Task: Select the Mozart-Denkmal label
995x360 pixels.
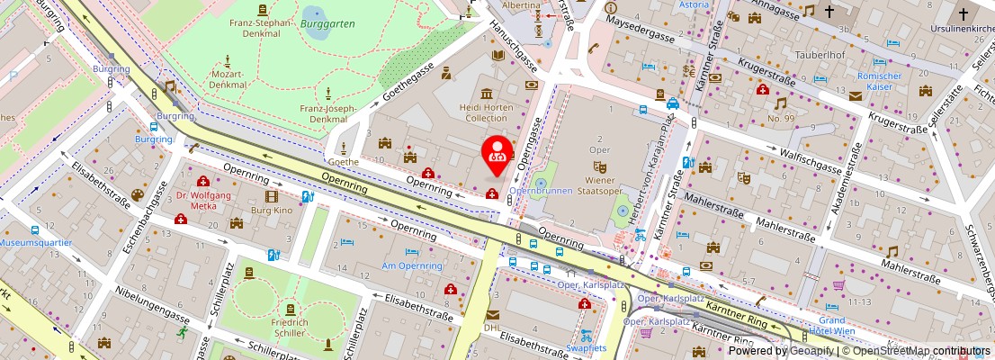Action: point(227,79)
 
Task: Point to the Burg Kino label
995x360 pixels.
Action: point(271,209)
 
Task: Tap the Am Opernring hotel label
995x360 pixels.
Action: point(412,265)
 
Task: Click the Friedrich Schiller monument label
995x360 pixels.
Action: point(289,328)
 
